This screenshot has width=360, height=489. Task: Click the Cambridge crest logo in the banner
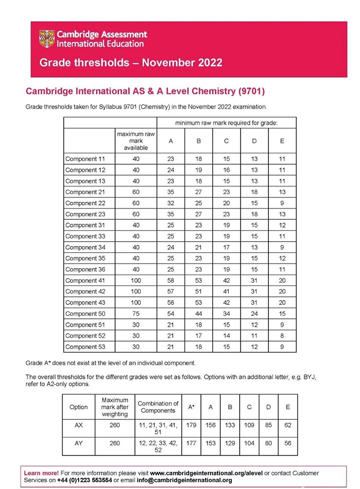coord(47,39)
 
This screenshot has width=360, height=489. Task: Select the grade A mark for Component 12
coord(171,170)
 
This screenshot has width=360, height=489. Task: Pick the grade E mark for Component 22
coord(282,203)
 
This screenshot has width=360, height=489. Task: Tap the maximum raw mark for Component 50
coord(136,313)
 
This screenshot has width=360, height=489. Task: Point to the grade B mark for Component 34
coord(199,247)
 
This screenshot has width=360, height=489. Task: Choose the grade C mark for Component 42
coord(227,291)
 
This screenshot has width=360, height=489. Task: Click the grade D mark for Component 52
coord(254,336)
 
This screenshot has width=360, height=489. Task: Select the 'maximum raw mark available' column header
coord(136,141)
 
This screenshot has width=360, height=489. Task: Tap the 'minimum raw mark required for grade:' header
coord(226,123)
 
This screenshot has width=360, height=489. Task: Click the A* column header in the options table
coord(191,407)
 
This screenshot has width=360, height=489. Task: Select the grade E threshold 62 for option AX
coord(287,425)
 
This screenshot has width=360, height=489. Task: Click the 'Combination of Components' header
coord(158,407)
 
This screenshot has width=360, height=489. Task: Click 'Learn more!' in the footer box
coord(41,473)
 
